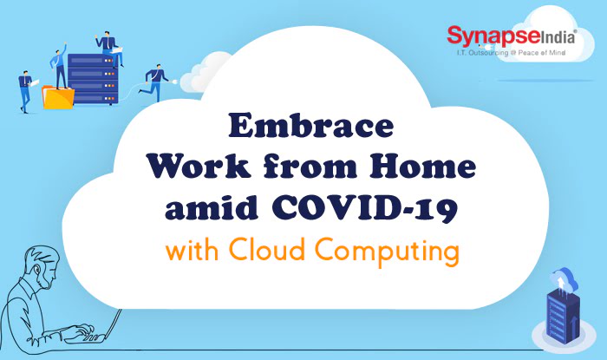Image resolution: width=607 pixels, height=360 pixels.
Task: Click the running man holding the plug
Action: (x=157, y=82)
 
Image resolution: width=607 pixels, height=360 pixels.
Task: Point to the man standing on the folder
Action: (x=58, y=67)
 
